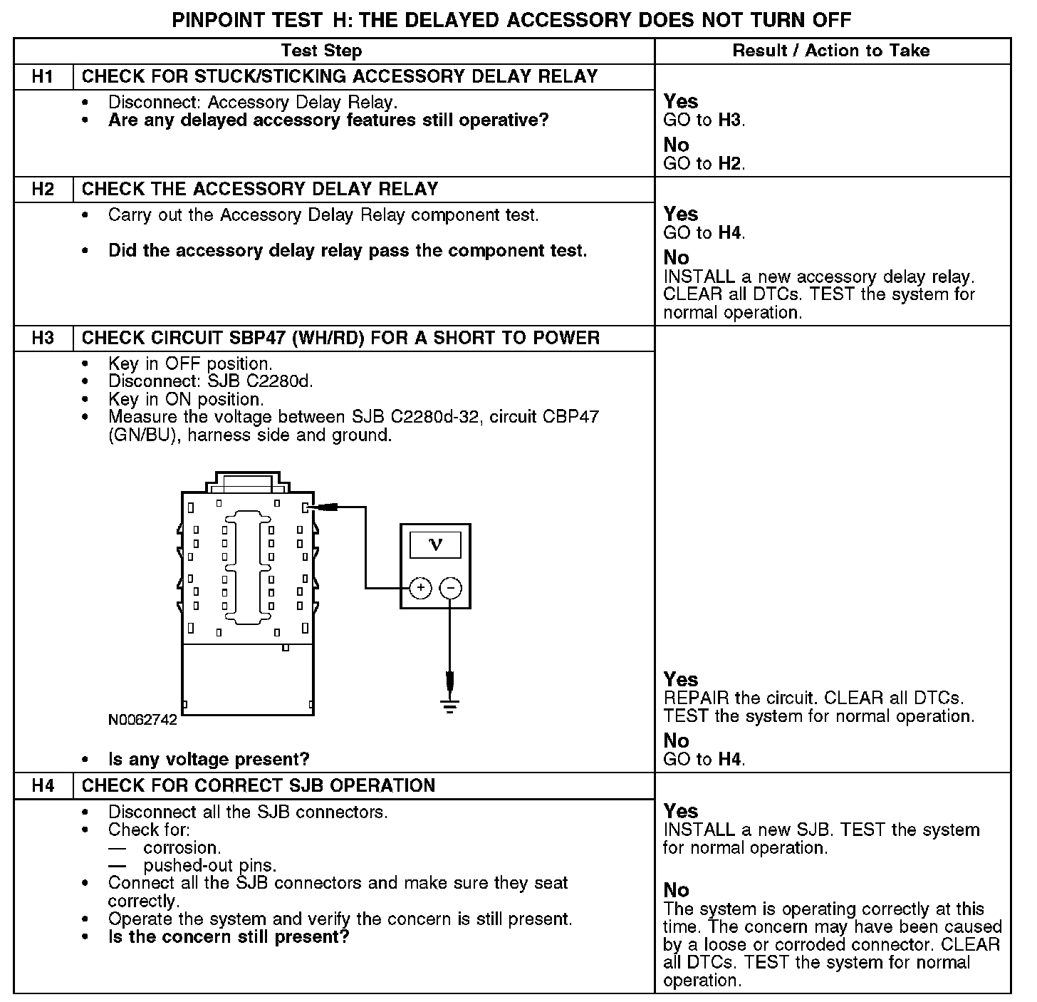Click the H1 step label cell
click(43, 77)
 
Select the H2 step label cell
click(43, 190)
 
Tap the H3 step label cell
click(43, 339)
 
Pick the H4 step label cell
click(43, 786)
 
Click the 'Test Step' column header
click(321, 51)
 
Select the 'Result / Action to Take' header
click(831, 51)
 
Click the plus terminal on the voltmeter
click(421, 588)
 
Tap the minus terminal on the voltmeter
click(450, 588)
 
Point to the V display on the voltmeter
click(436, 545)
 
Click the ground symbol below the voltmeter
click(449, 705)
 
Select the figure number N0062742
click(142, 720)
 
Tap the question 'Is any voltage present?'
click(209, 760)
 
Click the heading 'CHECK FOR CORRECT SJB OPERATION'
click(259, 786)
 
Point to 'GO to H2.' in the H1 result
click(704, 164)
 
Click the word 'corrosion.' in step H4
click(182, 848)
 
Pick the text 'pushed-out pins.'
click(210, 866)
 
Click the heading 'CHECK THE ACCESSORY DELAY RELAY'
click(260, 190)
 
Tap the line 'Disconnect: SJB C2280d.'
click(211, 381)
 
